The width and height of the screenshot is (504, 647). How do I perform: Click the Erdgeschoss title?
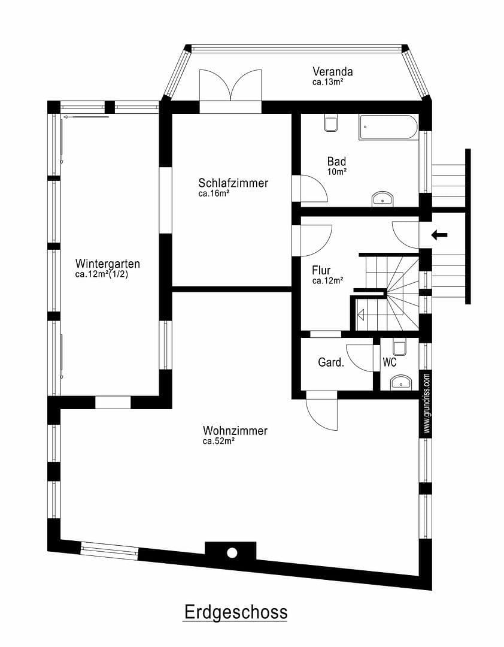pyautogui.click(x=235, y=612)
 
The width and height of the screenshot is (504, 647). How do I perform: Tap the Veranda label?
pyautogui.click(x=332, y=72)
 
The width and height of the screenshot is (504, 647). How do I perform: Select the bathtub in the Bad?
pyautogui.click(x=388, y=128)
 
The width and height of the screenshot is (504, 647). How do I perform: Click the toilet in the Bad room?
pyautogui.click(x=330, y=123)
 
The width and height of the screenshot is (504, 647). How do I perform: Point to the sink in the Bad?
pyautogui.click(x=382, y=198)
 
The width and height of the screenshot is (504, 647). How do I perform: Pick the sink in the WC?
pyautogui.click(x=400, y=382)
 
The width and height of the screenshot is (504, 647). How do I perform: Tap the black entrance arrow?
pyautogui.click(x=439, y=235)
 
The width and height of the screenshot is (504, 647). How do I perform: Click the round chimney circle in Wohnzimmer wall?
pyautogui.click(x=232, y=552)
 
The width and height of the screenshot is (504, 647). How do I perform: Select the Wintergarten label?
pyautogui.click(x=108, y=264)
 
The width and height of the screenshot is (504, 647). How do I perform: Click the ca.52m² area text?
pyautogui.click(x=218, y=442)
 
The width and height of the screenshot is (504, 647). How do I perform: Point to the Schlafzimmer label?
pyautogui.click(x=233, y=183)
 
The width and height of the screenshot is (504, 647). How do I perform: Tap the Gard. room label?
pyautogui.click(x=330, y=362)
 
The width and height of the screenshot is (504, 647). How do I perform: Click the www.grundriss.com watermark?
pyautogui.click(x=426, y=403)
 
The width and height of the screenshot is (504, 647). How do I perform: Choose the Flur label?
pyautogui.click(x=321, y=270)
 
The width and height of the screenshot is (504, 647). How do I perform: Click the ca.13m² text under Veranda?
pyautogui.click(x=327, y=82)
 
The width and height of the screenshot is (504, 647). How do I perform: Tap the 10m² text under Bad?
pyautogui.click(x=336, y=171)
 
